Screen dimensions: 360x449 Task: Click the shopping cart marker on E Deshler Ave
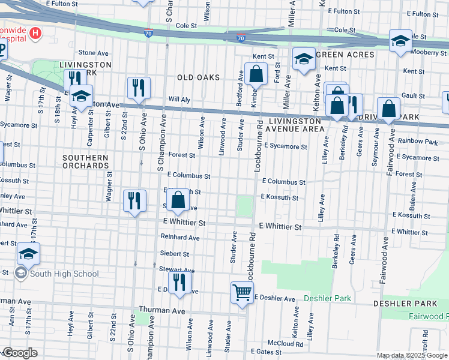click(242, 293)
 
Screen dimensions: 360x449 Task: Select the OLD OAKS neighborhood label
click(197, 77)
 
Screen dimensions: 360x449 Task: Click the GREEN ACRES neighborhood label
click(345, 55)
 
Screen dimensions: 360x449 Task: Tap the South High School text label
click(64, 274)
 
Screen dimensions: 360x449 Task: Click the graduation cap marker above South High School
click(28, 254)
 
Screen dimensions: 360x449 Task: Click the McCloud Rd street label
click(285, 344)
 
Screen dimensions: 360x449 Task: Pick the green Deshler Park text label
click(327, 298)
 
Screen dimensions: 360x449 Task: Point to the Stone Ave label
click(92, 53)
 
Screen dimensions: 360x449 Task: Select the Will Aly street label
click(179, 99)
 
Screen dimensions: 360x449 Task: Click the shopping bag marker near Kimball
click(256, 75)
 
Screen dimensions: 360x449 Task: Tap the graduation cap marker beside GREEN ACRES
click(304, 59)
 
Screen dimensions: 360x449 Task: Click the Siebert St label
click(175, 254)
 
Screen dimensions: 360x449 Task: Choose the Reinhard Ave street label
click(179, 238)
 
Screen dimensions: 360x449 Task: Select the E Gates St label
click(266, 352)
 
